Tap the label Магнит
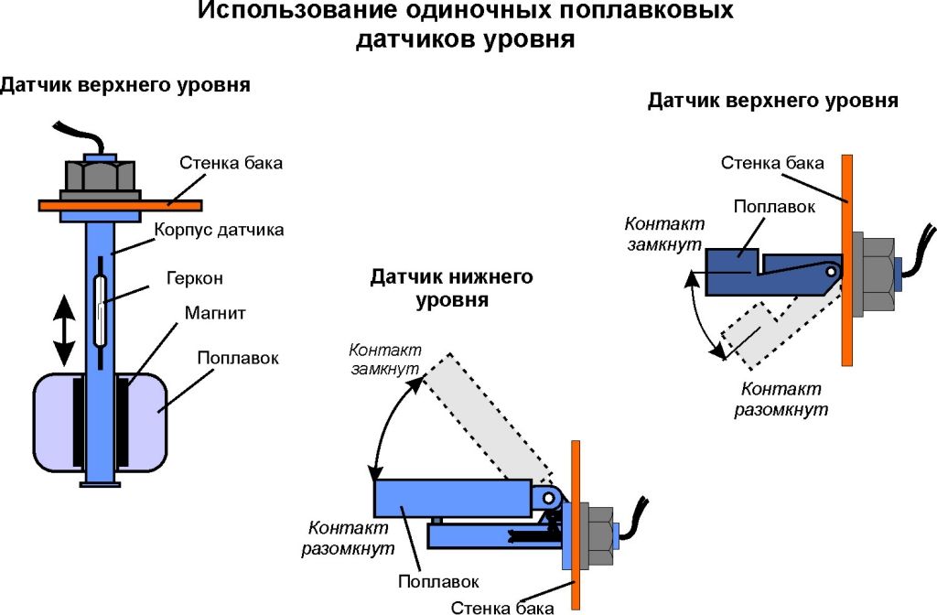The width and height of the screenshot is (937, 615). coord(213,313)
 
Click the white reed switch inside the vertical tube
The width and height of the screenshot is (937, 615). coord(101,302)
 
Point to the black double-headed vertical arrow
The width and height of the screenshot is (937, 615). coord(63,333)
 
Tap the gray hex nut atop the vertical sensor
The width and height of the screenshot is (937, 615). coord(99,175)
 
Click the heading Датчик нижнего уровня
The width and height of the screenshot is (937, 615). coord(451,288)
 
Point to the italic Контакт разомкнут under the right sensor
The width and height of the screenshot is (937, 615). coord(781,399)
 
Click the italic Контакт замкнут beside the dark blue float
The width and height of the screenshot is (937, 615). coord(662,234)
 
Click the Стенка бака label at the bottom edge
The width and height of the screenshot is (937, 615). coord(502,607)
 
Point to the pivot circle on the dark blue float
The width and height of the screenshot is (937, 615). coord(830,272)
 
